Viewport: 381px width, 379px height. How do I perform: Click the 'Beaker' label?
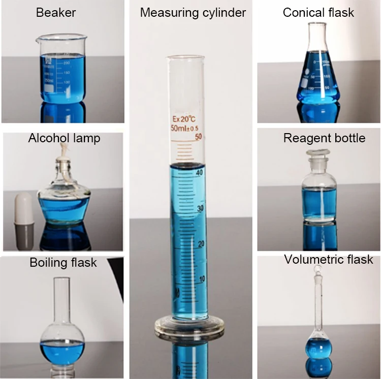tap(55, 12)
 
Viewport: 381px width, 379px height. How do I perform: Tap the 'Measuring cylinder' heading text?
tap(193, 12)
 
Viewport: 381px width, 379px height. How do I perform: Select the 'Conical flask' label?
tap(318, 12)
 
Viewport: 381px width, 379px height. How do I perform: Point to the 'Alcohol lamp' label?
tap(64, 138)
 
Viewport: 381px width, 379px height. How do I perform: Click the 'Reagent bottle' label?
tap(324, 138)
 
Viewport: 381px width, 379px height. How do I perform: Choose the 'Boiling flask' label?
tap(63, 263)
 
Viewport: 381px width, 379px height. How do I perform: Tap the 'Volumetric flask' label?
tap(328, 260)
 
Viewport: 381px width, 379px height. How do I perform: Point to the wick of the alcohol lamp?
tap(63, 150)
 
